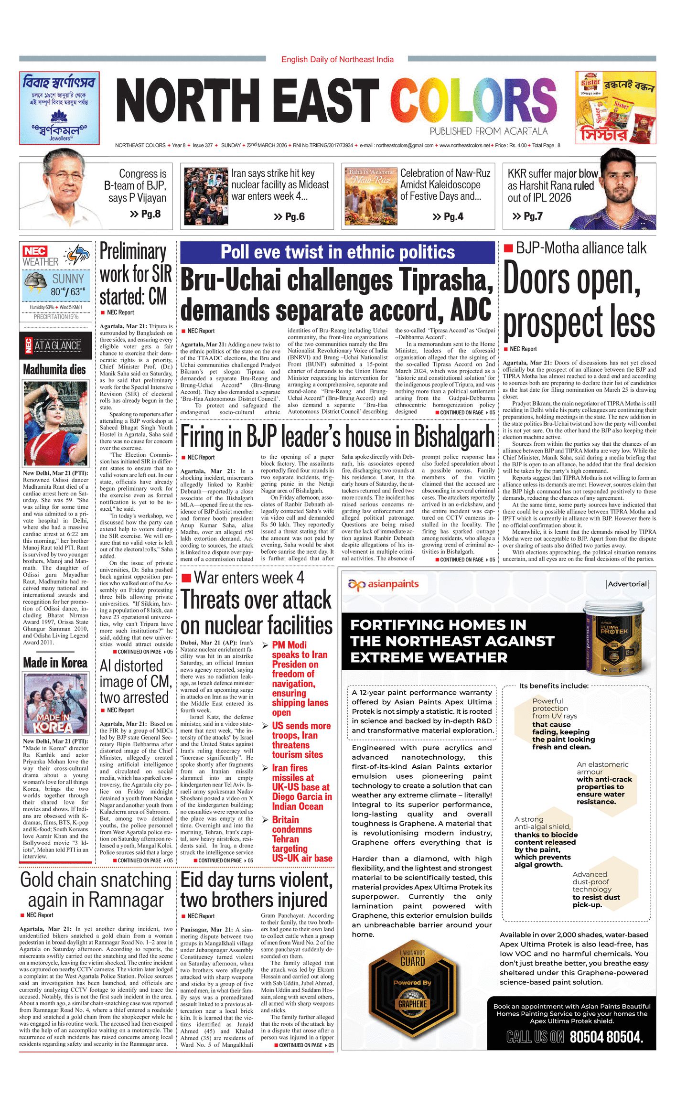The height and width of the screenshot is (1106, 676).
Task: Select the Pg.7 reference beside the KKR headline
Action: [527, 216]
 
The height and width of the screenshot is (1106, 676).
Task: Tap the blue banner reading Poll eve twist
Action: [337, 252]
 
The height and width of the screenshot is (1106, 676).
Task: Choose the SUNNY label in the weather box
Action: [68, 279]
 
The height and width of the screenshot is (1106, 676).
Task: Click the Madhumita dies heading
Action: [54, 370]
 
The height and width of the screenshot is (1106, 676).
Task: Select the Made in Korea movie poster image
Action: [55, 704]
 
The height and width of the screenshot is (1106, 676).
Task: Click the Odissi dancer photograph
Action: [55, 424]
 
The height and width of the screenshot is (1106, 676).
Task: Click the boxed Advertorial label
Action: [627, 584]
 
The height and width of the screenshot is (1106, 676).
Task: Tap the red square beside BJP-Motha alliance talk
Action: [508, 248]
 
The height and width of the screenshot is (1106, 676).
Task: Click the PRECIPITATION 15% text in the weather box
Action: [56, 317]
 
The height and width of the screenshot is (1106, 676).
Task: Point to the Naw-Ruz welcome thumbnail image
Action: [370, 196]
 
